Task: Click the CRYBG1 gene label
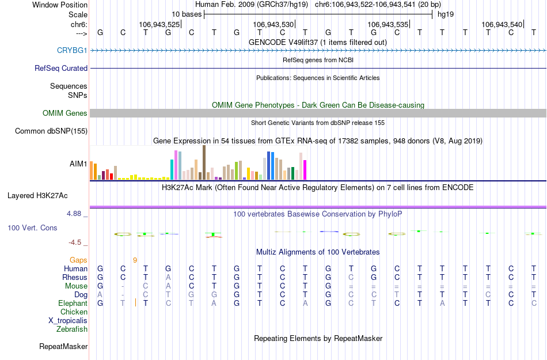[x=72, y=50]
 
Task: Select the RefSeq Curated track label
[x=61, y=68]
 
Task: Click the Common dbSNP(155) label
[x=51, y=131]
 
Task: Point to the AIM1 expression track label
[x=78, y=164]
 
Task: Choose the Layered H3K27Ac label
[x=47, y=195]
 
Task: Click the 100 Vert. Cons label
[x=32, y=228]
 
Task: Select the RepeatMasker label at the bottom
[x=63, y=347]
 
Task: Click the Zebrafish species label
[x=72, y=329]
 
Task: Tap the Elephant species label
[x=73, y=304]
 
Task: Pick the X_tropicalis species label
[x=68, y=321]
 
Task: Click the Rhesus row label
[x=74, y=278]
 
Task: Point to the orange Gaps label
[x=79, y=260]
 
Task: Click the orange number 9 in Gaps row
[x=135, y=260]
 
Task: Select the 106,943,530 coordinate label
[x=273, y=25]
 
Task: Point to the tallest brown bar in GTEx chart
[x=204, y=162]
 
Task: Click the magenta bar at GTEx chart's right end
[x=305, y=170]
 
